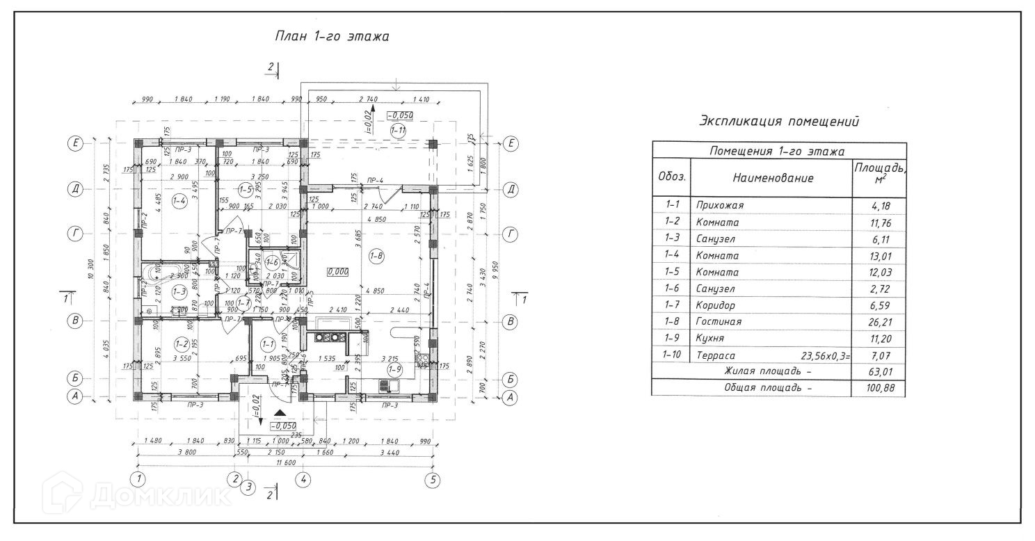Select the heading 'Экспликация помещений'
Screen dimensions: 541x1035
click(x=779, y=122)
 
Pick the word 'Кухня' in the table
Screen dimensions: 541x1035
click(x=709, y=339)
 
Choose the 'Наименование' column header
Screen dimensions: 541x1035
click(x=772, y=178)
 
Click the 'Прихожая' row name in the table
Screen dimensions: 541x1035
click(x=720, y=206)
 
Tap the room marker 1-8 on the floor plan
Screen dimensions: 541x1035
click(x=376, y=256)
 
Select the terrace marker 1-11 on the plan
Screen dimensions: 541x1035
click(x=398, y=130)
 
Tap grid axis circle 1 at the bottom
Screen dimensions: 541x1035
click(x=139, y=478)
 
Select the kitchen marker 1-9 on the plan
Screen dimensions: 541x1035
click(x=394, y=369)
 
